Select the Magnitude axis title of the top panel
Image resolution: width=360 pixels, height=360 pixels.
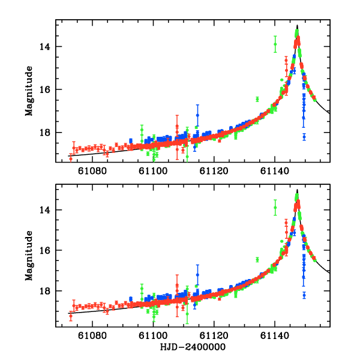pos(29,90)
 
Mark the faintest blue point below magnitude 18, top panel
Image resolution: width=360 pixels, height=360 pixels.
pos(304,137)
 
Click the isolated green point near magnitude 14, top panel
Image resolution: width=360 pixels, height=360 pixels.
pos(275,44)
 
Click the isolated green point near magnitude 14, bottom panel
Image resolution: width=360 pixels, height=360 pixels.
pos(275,208)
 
